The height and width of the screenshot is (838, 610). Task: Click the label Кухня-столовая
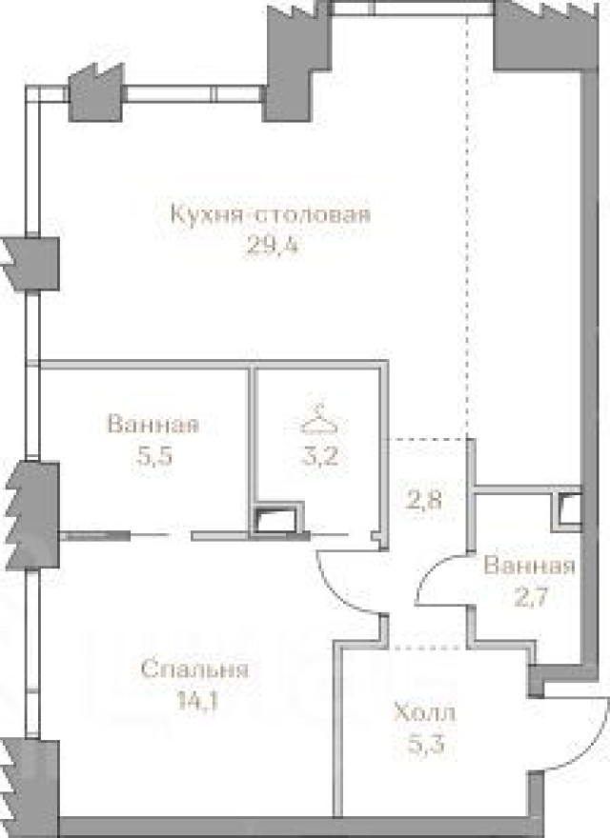tap(269, 213)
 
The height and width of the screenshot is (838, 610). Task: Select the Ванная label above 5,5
tap(153, 424)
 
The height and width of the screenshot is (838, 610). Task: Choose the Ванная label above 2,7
tap(530, 567)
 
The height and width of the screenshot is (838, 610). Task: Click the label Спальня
tap(194, 669)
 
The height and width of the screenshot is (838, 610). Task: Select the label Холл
tap(425, 711)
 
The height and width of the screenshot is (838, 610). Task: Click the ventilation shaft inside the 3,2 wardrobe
tap(276, 520)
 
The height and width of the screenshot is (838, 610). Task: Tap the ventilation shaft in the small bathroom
tap(570, 509)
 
